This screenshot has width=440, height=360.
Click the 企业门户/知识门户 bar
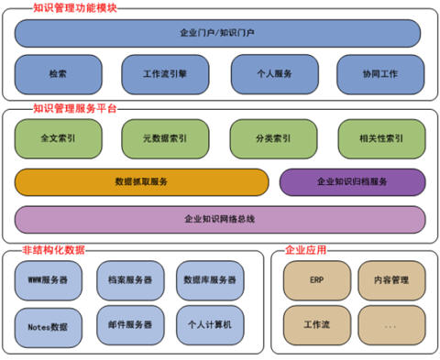[217, 33]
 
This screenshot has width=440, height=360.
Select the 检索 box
[58, 74]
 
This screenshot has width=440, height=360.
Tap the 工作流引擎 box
[165, 74]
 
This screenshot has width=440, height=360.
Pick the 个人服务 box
[275, 74]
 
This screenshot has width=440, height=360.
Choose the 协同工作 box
[380, 74]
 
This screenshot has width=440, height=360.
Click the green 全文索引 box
[58, 138]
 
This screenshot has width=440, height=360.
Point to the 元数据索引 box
[165, 138]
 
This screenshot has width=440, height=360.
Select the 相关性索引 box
[381, 138]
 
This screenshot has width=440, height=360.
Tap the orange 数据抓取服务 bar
[141, 182]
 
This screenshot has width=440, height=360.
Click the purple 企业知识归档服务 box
[352, 182]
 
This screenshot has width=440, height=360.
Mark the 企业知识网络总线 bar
[220, 219]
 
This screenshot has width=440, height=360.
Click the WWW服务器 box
[49, 280]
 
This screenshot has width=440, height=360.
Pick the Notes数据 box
[49, 327]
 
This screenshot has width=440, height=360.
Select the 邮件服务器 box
[130, 325]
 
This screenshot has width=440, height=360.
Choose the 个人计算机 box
[210, 325]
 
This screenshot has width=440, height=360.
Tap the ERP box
[317, 280]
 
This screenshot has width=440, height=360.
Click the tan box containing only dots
[391, 325]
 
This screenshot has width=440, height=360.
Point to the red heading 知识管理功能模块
[75, 8]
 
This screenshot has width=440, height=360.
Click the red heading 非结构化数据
[53, 250]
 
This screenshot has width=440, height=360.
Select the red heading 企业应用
[305, 250]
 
